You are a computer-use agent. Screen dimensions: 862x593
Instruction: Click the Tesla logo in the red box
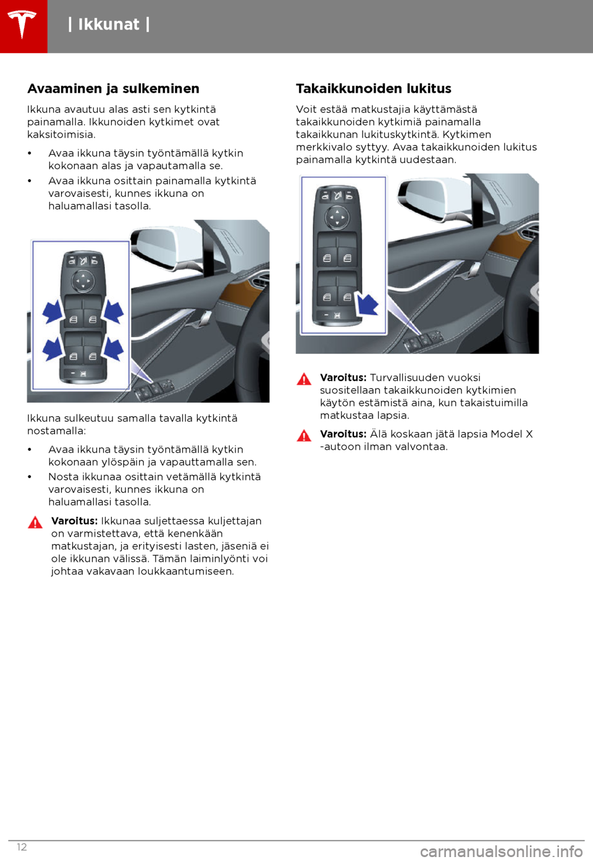tap(23, 25)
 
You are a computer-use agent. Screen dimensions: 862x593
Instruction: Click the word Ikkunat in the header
tap(109, 25)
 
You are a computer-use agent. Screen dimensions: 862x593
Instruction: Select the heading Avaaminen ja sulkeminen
tap(113, 89)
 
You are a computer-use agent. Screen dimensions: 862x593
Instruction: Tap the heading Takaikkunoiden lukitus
tap(373, 89)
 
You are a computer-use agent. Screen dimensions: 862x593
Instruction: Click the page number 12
tap(22, 847)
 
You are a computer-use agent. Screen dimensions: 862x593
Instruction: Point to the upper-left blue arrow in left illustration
tap(53, 311)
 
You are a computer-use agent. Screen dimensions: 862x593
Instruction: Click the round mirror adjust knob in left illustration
tap(82, 282)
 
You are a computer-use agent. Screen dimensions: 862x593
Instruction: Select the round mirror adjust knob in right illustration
tap(337, 217)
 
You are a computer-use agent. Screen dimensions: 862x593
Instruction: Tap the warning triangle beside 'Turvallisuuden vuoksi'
tap(304, 379)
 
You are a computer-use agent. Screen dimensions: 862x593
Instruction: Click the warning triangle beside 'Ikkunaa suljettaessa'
tap(35, 522)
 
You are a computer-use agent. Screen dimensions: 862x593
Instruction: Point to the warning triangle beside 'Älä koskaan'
tap(304, 435)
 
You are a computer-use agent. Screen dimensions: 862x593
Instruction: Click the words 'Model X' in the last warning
tap(511, 434)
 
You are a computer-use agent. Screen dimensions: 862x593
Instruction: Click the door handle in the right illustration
tap(472, 269)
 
